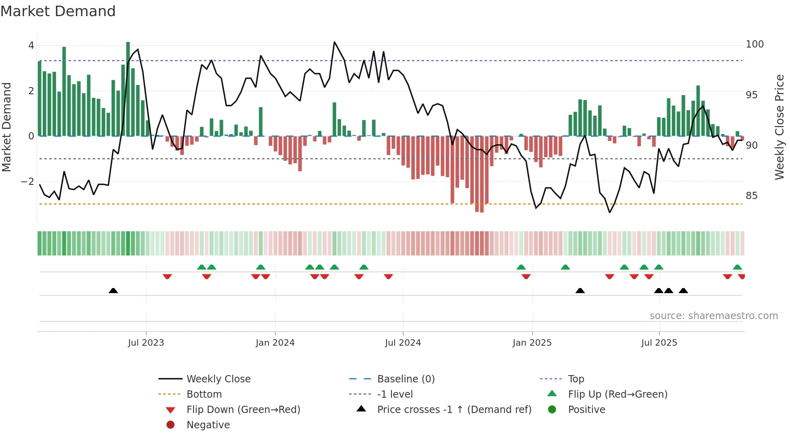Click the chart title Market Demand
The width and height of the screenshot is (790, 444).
(x=58, y=11)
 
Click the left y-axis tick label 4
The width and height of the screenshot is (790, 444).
(x=31, y=46)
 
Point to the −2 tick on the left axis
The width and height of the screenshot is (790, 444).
(x=28, y=182)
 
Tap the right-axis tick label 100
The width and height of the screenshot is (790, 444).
(x=755, y=44)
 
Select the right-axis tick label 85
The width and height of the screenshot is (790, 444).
(x=751, y=196)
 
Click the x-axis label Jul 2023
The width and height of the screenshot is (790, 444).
(x=146, y=343)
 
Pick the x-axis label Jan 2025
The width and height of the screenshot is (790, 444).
(x=532, y=343)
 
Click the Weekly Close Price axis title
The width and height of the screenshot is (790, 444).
(x=780, y=127)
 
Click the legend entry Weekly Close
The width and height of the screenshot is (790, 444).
(x=218, y=379)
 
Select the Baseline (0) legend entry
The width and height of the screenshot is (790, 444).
(x=406, y=379)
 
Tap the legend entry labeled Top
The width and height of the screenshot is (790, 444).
(x=576, y=379)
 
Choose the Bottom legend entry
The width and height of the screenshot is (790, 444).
(x=204, y=394)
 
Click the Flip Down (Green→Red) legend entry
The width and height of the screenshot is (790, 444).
(x=243, y=410)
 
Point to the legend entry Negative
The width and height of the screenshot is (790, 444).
(x=208, y=425)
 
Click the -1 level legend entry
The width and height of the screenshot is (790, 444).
(x=395, y=394)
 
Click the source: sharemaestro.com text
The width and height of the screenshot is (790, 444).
(x=713, y=316)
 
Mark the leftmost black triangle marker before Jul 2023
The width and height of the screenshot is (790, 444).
(x=113, y=290)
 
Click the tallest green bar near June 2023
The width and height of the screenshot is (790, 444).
(x=128, y=89)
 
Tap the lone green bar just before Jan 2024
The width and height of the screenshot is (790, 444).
(x=261, y=122)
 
